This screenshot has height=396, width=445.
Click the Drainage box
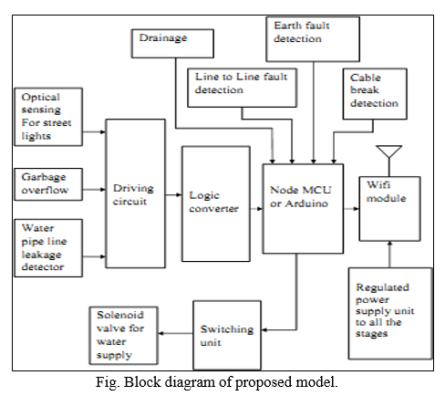pos(172,44)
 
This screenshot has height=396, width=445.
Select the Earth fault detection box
pos(313,39)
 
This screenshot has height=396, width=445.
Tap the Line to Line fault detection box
pos(242,88)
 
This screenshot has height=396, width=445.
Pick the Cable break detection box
pos(375,94)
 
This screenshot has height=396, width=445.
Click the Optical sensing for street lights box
pos(48,117)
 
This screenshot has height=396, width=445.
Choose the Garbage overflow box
pos(48,184)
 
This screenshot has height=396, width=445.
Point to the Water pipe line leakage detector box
pos(48,248)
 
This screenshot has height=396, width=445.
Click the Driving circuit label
pos(133,194)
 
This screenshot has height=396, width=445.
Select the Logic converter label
pos(213,202)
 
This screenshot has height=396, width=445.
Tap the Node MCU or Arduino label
pos(300,196)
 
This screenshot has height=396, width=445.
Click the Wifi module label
pos(386,192)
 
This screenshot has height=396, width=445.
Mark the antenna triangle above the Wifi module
pos(389,151)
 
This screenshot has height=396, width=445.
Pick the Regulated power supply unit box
pos(390,313)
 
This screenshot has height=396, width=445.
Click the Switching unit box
pos(227,335)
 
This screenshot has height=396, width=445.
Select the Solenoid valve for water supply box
pos(124,336)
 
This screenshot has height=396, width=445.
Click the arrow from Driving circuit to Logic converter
pos(173,194)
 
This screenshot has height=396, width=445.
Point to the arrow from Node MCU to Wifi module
pos(351,209)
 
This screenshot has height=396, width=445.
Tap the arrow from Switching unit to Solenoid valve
pos(176,333)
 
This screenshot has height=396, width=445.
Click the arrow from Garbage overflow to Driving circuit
pos(94,190)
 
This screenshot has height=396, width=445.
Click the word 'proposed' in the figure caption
pos(264,382)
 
